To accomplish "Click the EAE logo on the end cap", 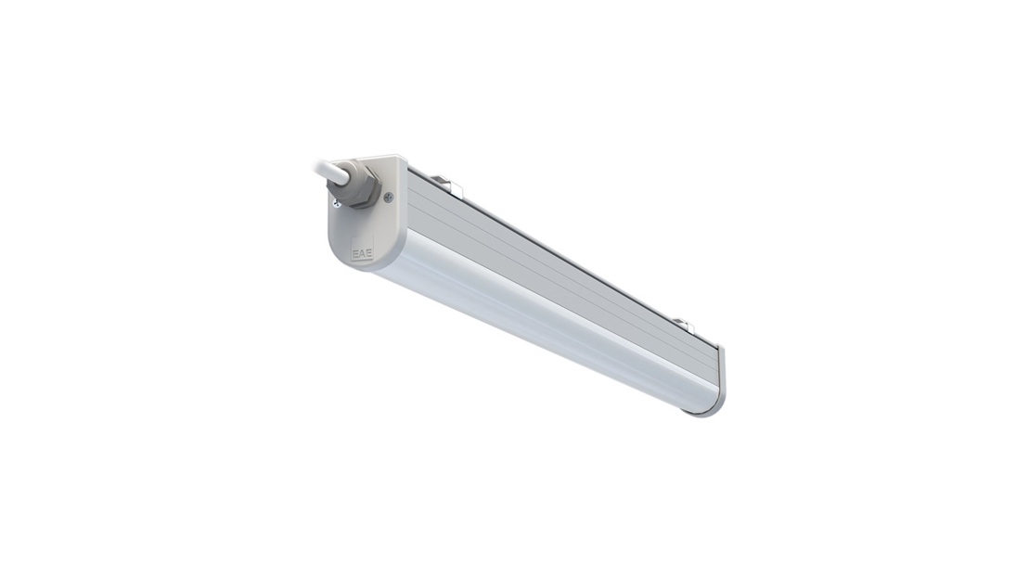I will point(362,252).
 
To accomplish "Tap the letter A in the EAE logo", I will point(362,252).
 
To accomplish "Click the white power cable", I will point(325,168).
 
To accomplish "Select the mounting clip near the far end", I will point(685,324).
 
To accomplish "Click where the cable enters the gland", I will point(341,175).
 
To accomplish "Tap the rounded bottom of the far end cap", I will point(714,408).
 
